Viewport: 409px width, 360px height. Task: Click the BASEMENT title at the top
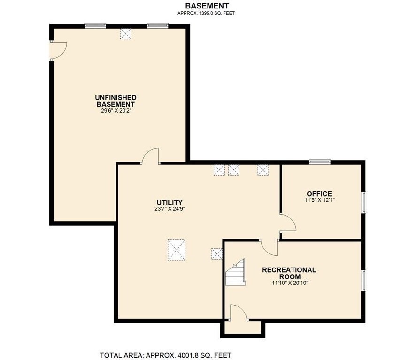tap(207, 6)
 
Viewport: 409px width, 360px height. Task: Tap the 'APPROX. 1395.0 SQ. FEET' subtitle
tap(206, 13)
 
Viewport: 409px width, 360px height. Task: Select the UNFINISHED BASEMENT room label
tap(116, 100)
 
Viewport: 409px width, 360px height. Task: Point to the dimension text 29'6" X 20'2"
tap(116, 110)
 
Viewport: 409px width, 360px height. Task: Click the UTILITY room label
tap(170, 202)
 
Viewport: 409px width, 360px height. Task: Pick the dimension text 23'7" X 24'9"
tap(170, 208)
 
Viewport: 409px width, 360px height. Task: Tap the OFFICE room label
tap(319, 194)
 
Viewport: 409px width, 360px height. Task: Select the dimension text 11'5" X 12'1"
tap(319, 200)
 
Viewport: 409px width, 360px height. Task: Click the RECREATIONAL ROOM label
tap(289, 273)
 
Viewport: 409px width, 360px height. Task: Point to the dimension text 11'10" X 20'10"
tap(290, 283)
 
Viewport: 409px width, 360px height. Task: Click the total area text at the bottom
tap(166, 355)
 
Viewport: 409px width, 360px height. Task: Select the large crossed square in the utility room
tap(177, 250)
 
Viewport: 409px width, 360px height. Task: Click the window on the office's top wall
tap(320, 162)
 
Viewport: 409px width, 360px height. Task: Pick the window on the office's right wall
tap(363, 202)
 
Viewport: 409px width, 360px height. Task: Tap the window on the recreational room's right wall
tap(363, 281)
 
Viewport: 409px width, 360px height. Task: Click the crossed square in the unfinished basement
tap(125, 34)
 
